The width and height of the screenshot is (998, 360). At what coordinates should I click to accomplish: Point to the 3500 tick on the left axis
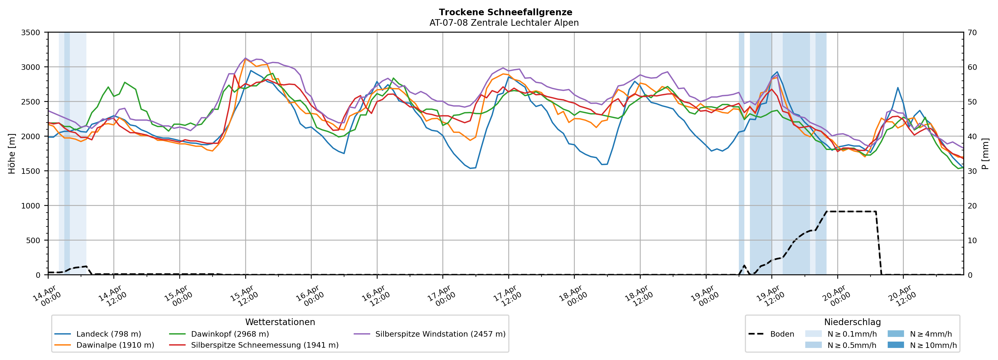click(31, 33)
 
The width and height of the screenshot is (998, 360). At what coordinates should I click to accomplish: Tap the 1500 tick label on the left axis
click(31, 171)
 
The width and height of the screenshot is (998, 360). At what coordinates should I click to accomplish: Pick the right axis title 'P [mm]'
click(986, 154)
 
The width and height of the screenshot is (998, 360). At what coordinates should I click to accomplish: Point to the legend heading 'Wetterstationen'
click(280, 322)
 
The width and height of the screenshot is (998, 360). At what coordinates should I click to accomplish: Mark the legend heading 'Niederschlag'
click(852, 322)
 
